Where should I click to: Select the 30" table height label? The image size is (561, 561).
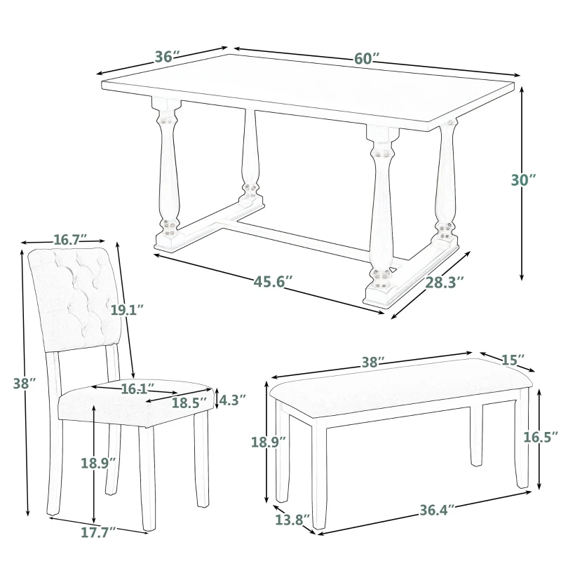point(523,180)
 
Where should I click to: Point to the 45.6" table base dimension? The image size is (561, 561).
point(273,281)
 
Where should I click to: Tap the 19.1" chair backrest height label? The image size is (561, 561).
point(127,308)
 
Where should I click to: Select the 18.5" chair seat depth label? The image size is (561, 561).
point(190,403)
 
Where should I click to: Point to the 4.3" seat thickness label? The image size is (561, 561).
point(233,400)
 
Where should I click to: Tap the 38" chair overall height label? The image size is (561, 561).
point(23,384)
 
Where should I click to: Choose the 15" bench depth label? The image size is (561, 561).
point(513,360)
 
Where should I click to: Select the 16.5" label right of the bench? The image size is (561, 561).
point(541,437)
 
